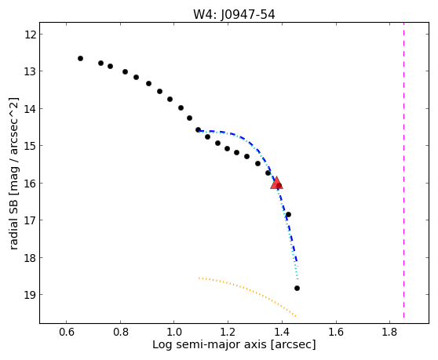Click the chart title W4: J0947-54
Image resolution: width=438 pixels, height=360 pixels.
point(234,15)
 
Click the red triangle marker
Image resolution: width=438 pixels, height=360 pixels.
point(276,183)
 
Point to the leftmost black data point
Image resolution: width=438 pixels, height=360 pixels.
point(80,58)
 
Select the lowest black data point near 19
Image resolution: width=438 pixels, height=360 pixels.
point(297,288)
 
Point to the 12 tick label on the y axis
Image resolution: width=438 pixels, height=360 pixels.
point(30,35)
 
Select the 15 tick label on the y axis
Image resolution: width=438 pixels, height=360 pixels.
point(30,146)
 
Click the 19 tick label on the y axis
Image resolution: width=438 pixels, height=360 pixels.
point(30,295)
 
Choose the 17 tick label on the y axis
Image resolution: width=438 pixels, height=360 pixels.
point(30,220)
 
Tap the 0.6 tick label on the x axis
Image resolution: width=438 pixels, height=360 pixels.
point(66,332)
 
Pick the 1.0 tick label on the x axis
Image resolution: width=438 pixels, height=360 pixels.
point(174,332)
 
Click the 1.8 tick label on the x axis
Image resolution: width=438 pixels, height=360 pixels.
point(390,332)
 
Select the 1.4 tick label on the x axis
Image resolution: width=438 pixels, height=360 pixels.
point(282,332)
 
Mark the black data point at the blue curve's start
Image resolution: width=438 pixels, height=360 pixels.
point(198,129)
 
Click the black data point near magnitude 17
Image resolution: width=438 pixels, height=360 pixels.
point(288,214)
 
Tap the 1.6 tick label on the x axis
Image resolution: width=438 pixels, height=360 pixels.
point(336,332)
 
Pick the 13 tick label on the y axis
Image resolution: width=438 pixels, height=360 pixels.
point(30,71)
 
